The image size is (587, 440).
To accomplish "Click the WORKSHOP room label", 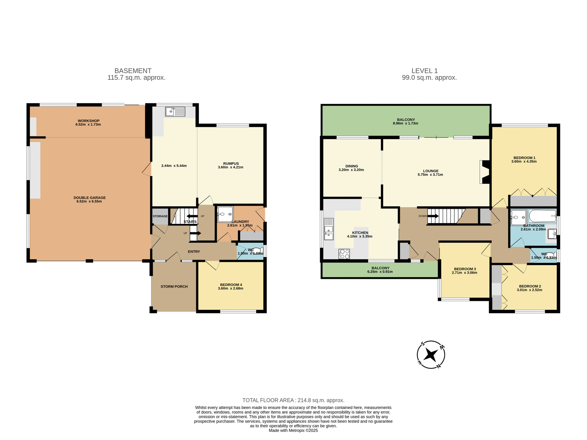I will click(x=88, y=121).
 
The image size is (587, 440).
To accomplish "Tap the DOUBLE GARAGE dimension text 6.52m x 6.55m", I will click(x=89, y=201).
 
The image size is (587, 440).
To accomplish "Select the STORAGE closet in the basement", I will click(x=160, y=216).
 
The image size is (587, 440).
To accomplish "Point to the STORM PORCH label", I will click(x=174, y=287).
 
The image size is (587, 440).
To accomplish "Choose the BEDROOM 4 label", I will click(x=231, y=284).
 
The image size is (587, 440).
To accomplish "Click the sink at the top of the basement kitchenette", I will click(x=175, y=112).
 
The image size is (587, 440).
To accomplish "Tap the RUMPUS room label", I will click(x=231, y=163).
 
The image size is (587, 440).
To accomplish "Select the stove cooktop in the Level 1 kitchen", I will click(x=344, y=254).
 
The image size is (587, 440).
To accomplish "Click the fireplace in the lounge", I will click(x=485, y=172).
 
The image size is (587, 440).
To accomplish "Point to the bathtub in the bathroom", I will click(x=543, y=216).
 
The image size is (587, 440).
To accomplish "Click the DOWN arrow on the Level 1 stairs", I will click(x=433, y=216).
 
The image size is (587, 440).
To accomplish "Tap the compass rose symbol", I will click(x=431, y=355).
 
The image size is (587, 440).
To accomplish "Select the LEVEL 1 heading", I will click(x=424, y=71).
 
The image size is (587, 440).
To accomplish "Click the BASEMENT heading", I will click(x=133, y=71).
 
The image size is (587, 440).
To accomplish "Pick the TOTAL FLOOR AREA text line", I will click(x=293, y=400).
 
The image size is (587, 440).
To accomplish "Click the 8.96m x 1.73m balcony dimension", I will click(x=405, y=123).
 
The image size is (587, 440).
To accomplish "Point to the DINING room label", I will click(x=352, y=166).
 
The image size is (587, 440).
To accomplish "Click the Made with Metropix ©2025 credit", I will click(x=293, y=431).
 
